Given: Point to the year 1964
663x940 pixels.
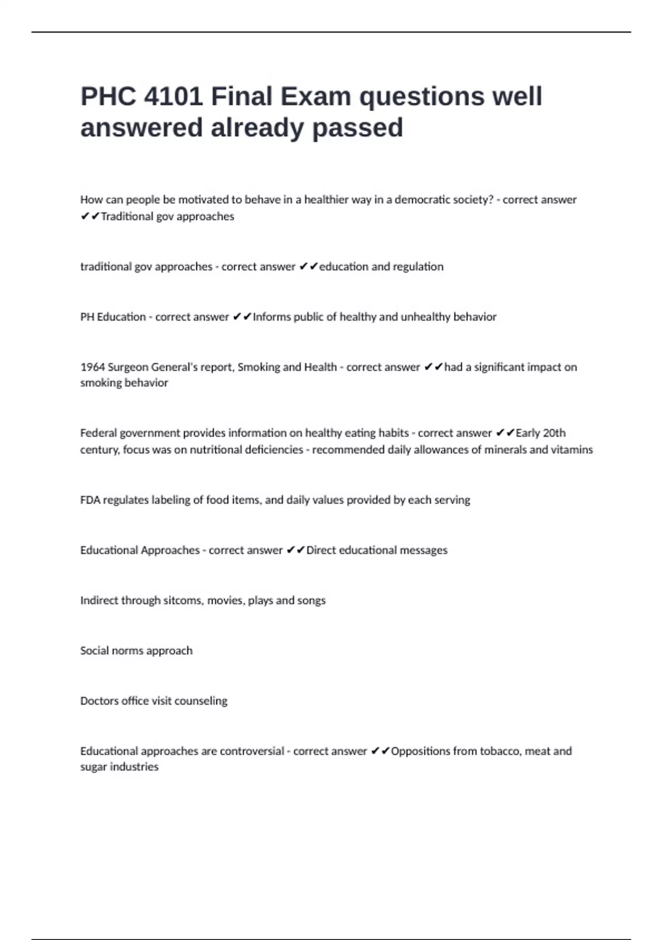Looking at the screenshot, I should [92, 367].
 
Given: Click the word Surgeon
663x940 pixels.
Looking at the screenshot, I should [128, 367].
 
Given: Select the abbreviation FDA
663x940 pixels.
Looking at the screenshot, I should [90, 500].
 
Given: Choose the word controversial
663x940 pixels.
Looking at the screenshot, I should [252, 751].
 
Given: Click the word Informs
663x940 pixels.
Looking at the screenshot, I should [271, 317].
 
